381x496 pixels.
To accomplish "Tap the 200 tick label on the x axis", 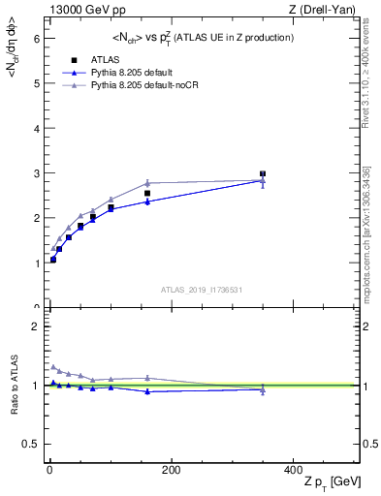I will [x=171, y=470].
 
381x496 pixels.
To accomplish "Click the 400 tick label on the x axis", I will [x=292, y=470].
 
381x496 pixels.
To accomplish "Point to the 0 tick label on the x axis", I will [x=49, y=470].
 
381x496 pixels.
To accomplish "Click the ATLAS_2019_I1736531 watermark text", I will [x=202, y=290].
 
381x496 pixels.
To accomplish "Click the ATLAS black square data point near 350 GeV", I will [x=263, y=174].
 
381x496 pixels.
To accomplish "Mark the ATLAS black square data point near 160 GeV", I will [x=147, y=194].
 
